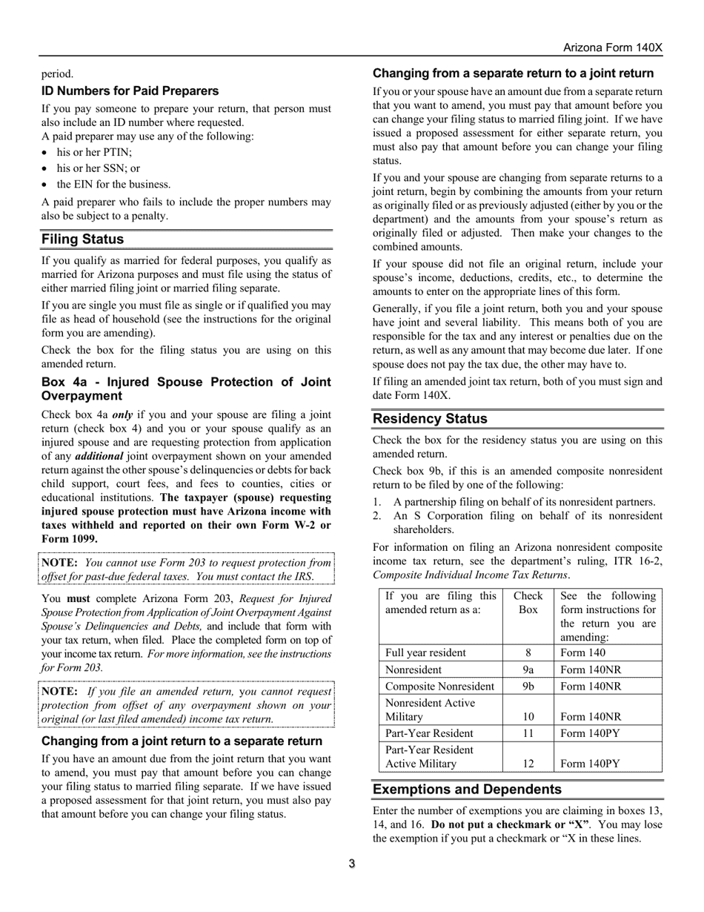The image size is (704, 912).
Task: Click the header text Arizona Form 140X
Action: click(x=612, y=47)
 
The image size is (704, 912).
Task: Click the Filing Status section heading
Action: click(x=83, y=239)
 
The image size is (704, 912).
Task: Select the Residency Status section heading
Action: click(x=430, y=419)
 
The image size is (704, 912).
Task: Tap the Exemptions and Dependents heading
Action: click(x=467, y=789)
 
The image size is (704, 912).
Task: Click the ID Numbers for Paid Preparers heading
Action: click(x=130, y=91)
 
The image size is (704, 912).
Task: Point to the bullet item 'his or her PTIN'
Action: click(x=94, y=152)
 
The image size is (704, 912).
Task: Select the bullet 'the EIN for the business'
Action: click(x=113, y=185)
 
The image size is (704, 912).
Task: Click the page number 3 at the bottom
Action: click(x=352, y=864)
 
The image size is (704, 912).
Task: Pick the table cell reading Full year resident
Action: click(x=425, y=652)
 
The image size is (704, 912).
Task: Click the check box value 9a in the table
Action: click(x=528, y=670)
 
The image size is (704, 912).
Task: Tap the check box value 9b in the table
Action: click(x=528, y=686)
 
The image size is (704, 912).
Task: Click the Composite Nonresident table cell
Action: click(x=439, y=686)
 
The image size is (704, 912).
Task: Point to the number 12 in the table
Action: click(x=528, y=764)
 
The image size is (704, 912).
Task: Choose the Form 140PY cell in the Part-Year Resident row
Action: click(x=591, y=733)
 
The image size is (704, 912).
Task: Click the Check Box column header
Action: click(x=528, y=603)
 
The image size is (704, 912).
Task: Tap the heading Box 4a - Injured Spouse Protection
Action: click(x=186, y=389)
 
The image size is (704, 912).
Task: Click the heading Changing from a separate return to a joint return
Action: click(x=513, y=73)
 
